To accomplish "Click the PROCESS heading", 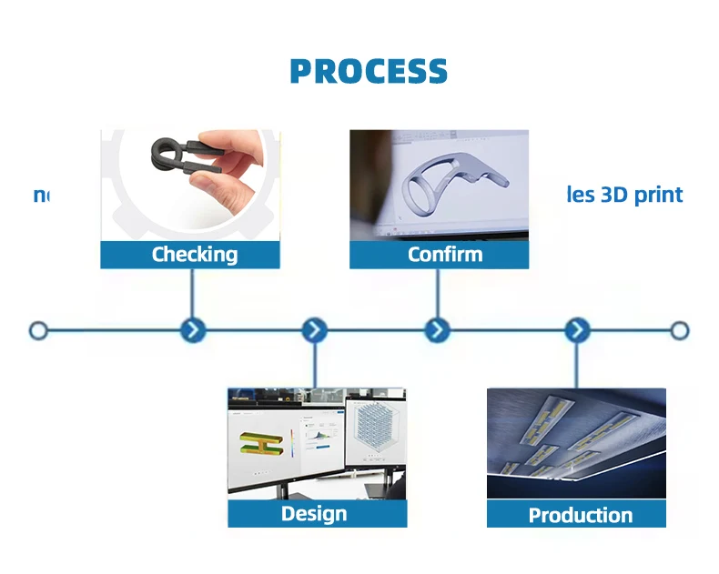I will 369,72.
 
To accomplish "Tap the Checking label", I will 194,255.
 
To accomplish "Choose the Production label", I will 580,516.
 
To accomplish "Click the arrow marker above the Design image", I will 314,330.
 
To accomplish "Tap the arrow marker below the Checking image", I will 193,330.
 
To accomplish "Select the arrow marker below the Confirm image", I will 438,330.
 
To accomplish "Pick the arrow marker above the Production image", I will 577,330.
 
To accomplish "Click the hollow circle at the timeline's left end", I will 38,330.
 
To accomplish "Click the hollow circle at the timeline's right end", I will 680,330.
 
